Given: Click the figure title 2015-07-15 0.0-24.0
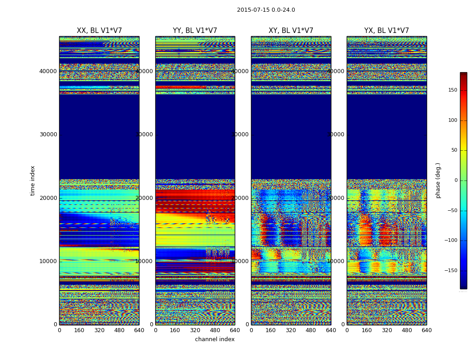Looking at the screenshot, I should (266, 10).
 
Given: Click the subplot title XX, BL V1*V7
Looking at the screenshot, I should (99, 31).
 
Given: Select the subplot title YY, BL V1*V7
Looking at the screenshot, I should (195, 31).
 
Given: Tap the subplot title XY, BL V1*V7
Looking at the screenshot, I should (291, 31).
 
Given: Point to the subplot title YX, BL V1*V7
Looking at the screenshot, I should (386, 31).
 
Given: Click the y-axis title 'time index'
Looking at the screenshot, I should (33, 180).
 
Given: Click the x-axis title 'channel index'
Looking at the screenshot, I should (215, 339).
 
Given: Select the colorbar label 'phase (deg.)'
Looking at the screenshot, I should (438, 180).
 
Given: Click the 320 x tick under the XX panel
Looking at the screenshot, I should (99, 330).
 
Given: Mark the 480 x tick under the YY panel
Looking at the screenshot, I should (215, 330).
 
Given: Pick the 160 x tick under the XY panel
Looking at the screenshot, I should (271, 330).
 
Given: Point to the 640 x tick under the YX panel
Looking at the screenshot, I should (427, 330).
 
